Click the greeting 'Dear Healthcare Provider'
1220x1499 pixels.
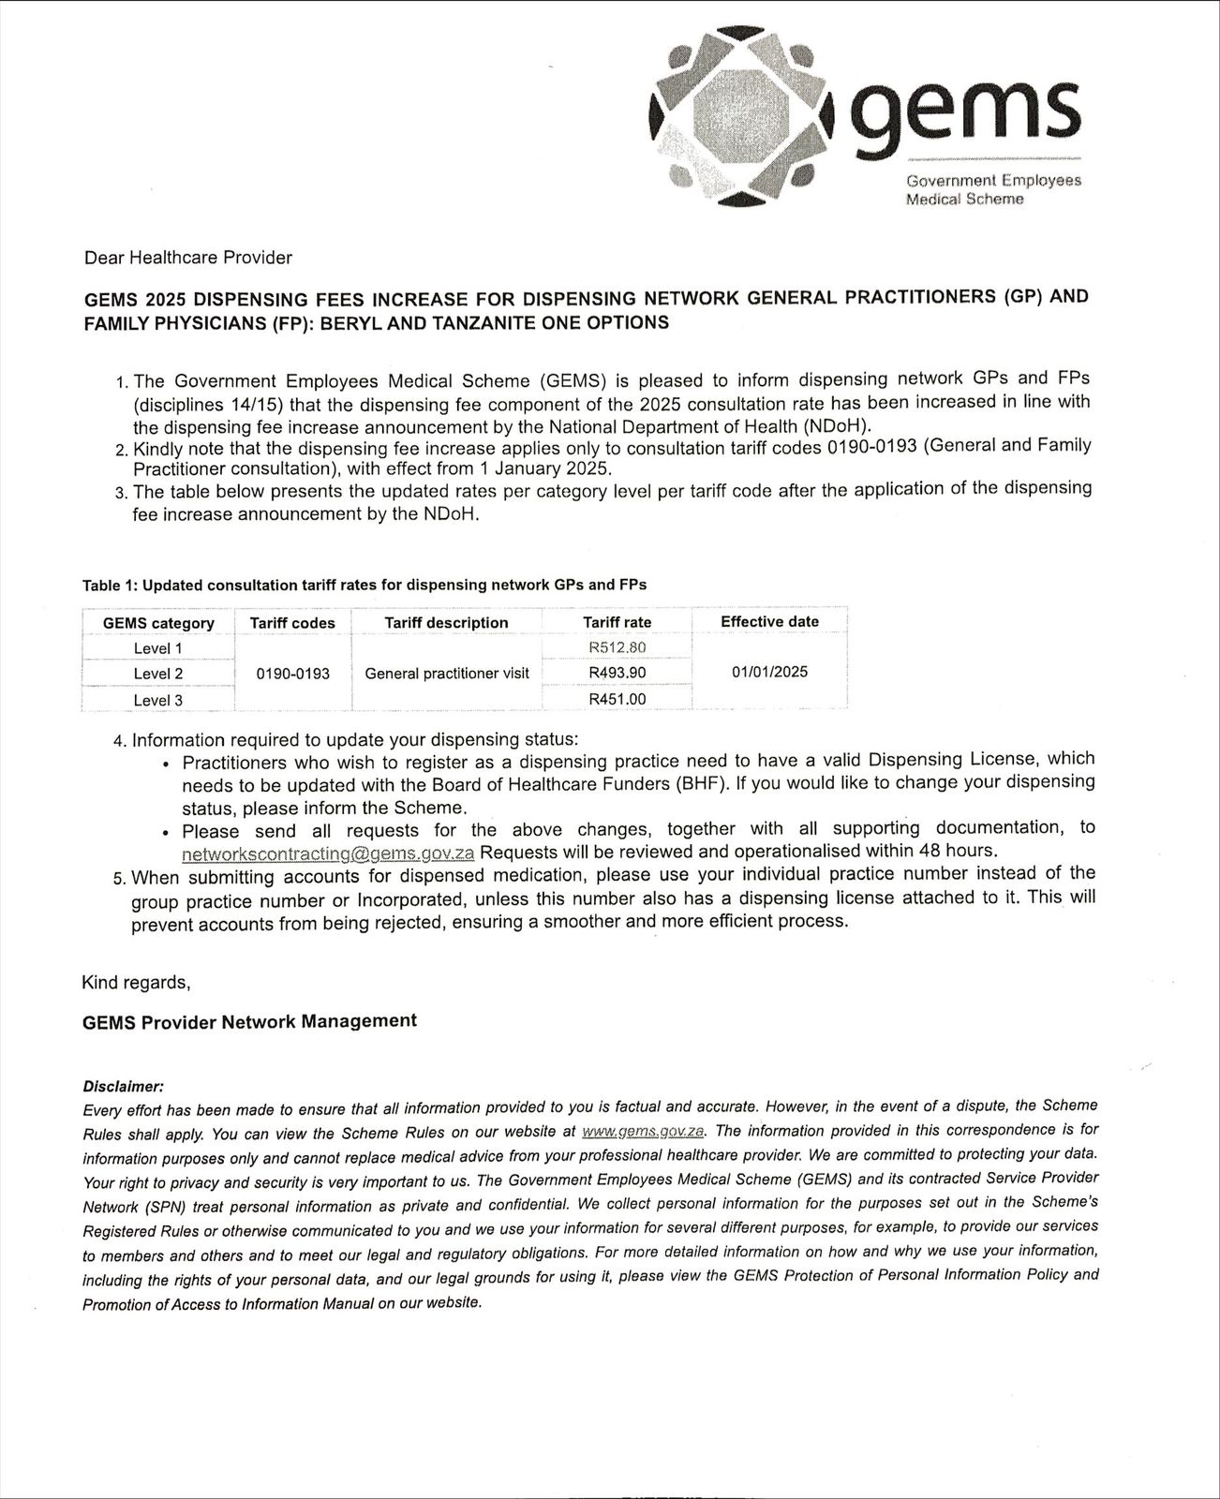[188, 258]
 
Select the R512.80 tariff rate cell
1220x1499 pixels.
[617, 647]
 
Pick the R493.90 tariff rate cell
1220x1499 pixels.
[617, 673]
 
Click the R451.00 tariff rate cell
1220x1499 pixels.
[617, 699]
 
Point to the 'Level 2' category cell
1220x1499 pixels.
[158, 674]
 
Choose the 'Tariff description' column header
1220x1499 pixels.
[446, 623]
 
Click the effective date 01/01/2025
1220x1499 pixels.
[769, 672]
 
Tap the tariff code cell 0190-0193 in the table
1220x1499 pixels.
[292, 674]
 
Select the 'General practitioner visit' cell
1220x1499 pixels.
[446, 674]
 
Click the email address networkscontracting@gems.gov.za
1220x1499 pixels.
[328, 853]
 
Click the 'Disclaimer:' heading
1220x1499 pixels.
[124, 1087]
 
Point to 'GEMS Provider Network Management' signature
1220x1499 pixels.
[249, 1022]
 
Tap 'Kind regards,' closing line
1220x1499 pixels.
[137, 983]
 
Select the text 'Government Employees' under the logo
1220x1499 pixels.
[993, 180]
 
